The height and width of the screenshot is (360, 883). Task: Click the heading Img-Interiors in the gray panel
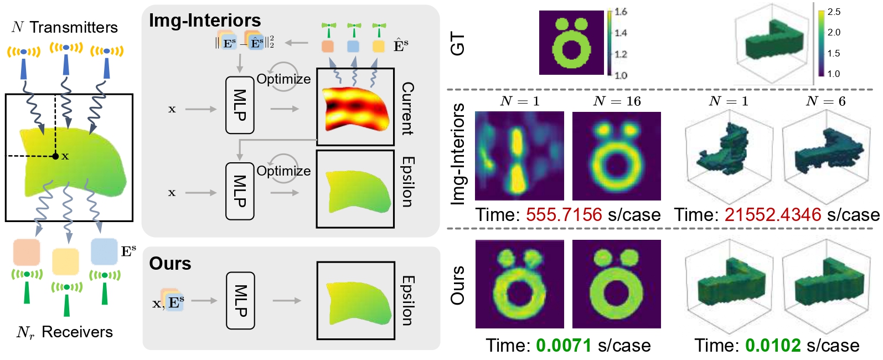[205, 20]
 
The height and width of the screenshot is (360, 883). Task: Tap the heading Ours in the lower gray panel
[170, 264]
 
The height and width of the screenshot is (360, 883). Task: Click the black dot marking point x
[55, 157]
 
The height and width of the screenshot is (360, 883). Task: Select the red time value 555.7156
[564, 215]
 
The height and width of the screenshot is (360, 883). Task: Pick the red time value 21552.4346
[773, 215]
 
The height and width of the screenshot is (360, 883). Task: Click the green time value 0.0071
[564, 346]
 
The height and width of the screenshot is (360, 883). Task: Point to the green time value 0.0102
[773, 346]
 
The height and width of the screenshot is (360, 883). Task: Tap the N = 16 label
[617, 101]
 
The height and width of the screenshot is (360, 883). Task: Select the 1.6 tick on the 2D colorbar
[621, 12]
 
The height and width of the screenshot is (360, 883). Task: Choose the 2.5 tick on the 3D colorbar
[834, 12]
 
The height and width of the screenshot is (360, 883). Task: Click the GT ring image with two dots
[571, 43]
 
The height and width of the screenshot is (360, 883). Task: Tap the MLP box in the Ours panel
[240, 301]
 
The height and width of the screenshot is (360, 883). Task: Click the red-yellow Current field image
[355, 107]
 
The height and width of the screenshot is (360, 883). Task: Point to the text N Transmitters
[65, 27]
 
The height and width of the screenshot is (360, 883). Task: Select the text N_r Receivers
[65, 332]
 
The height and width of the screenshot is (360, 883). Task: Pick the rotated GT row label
[458, 43]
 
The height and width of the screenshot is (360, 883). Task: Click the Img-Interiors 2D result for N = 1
[519, 156]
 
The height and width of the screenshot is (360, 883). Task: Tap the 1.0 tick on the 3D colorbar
[833, 74]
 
